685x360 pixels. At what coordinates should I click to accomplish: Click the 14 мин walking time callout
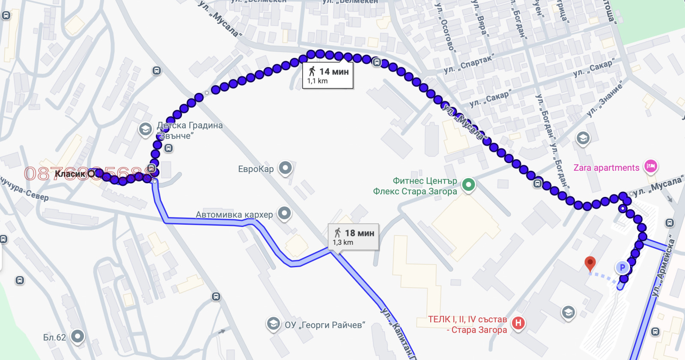coord(328,76)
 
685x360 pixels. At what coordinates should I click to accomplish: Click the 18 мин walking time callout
coord(353,237)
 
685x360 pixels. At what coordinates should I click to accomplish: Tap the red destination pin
coord(590,263)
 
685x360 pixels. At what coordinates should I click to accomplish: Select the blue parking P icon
coord(622,268)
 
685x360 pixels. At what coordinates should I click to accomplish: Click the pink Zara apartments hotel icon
coord(650,166)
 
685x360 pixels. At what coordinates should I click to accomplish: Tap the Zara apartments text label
coord(606,168)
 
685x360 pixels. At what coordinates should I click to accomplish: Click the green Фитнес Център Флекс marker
coord(468,185)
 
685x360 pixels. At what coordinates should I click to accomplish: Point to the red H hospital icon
coord(518,323)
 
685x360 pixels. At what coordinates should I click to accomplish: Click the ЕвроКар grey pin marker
coord(285,168)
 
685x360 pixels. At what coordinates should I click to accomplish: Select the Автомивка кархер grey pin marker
coord(284,213)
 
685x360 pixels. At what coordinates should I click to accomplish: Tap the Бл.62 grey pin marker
coord(77,336)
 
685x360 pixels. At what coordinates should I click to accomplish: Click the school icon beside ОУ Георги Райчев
coord(273,324)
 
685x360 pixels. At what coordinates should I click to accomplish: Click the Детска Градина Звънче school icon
coord(146,129)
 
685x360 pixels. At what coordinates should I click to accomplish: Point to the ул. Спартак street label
coord(469,63)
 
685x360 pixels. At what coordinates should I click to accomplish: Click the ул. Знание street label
coord(604,100)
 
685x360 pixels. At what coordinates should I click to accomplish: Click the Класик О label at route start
coord(74,174)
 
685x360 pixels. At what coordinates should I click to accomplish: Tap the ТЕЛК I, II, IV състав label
coord(468,319)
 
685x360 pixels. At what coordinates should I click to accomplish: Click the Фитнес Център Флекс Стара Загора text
coord(415,186)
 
